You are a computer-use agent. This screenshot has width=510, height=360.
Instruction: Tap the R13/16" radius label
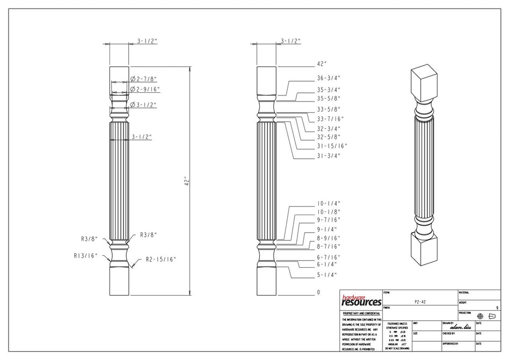85,256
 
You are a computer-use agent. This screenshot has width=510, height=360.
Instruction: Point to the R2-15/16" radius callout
161,260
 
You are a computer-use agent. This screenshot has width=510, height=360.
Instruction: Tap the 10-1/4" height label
329,203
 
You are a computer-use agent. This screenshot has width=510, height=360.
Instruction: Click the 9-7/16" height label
329,219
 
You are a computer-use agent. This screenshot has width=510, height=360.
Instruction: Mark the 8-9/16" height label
329,238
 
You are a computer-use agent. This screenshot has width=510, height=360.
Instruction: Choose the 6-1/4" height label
327,264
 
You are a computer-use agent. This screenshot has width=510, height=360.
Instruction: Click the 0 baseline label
318,292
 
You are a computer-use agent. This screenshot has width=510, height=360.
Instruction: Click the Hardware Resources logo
361,300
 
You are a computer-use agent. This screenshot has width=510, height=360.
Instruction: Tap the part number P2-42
421,302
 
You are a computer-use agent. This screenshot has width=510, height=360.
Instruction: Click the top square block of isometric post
424,83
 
